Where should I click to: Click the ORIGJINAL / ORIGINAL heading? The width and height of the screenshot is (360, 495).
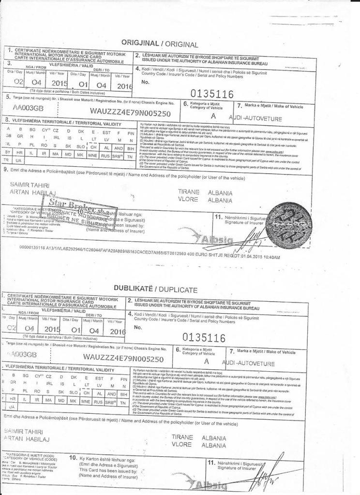coord(160,44)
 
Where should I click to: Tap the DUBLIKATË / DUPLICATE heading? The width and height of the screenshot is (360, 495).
coord(155,289)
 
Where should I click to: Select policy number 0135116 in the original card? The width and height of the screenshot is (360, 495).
coord(212,93)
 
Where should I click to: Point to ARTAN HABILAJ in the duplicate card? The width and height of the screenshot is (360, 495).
coord(24,437)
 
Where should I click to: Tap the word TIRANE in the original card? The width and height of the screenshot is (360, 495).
coord(189,192)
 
